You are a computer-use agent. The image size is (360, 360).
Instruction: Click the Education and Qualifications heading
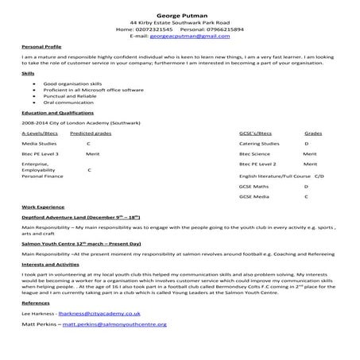tap(55, 113)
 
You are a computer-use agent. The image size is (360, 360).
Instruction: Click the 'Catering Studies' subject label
tap(259, 144)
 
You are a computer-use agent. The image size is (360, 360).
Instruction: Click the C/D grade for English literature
tap(319, 174)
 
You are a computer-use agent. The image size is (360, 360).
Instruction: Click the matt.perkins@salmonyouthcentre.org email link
tap(115, 324)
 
